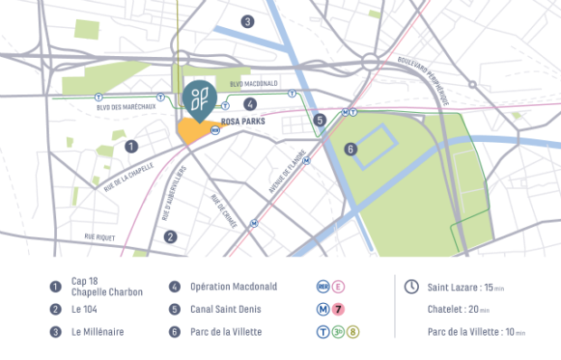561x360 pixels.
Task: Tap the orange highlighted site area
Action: point(192,132)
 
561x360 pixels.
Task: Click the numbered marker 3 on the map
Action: point(247,21)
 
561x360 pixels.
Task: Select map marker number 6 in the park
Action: point(350,148)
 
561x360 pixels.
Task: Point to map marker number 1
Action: point(132,146)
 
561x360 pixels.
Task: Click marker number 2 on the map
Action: point(170,237)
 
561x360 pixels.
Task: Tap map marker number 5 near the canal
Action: point(319,119)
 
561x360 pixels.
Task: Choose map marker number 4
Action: point(250,103)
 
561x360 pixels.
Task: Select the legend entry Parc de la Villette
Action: point(225,332)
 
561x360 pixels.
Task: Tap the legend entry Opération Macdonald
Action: point(234,287)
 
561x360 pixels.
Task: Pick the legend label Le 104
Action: point(84,309)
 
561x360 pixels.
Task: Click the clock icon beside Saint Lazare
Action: point(411,287)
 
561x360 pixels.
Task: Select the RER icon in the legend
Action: point(322,287)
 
